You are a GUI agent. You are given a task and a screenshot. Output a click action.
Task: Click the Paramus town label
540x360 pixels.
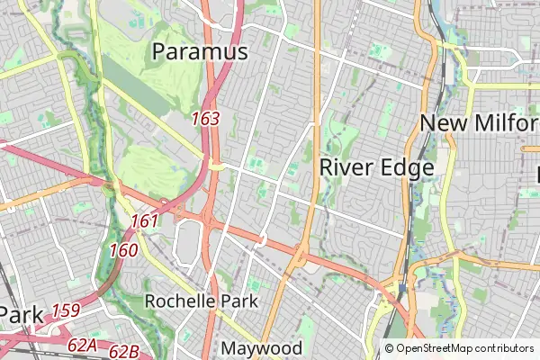pos(200,52)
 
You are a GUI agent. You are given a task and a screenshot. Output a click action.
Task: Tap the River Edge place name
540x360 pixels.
pos(376,167)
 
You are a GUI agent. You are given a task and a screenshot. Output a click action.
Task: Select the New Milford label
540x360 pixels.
pos(480,123)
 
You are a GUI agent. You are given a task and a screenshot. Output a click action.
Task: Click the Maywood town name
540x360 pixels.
pos(262,347)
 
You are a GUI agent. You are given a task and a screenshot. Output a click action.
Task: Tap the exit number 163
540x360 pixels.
pos(205,118)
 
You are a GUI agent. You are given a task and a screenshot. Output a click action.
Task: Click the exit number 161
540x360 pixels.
pos(144,221)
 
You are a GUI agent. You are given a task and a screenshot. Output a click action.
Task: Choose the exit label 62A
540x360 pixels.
pos(82,344)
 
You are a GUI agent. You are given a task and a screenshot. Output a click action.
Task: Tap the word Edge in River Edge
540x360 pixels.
pos(407,167)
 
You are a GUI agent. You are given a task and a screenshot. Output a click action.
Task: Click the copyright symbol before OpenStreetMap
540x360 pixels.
pos(389,348)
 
